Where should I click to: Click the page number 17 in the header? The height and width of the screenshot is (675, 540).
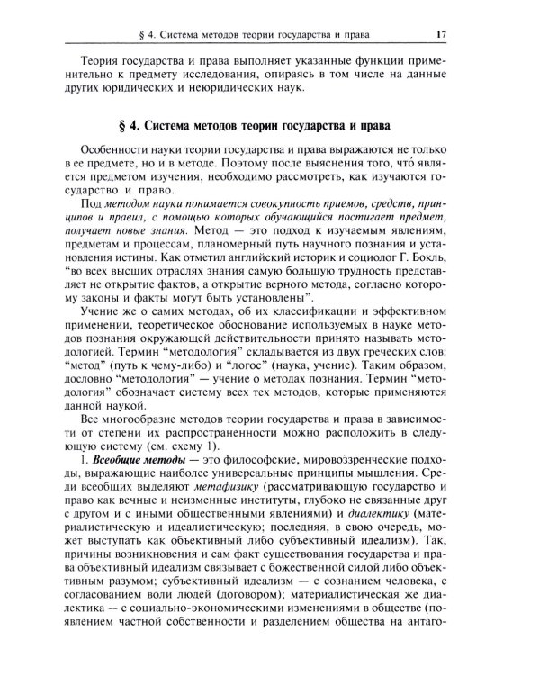point(442,35)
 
